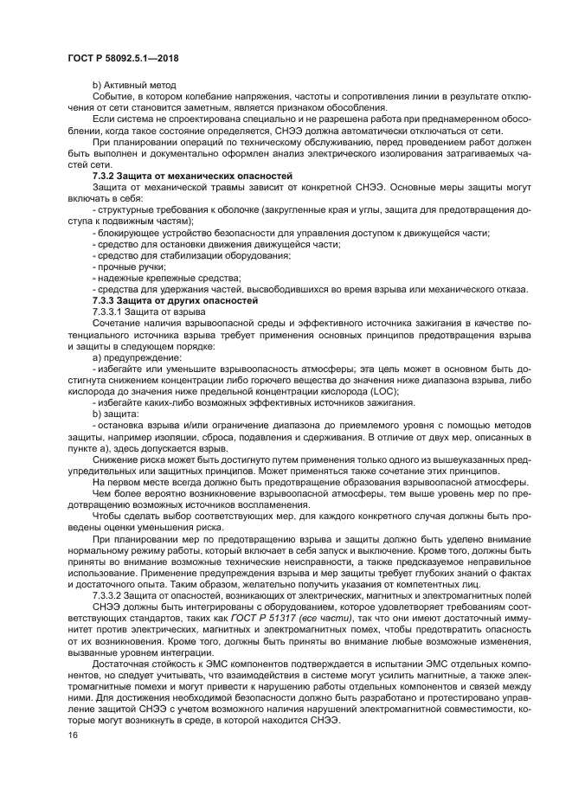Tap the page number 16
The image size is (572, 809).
[73, 735]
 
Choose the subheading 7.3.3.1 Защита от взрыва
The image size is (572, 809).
[149, 311]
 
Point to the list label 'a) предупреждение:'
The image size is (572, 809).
[137, 356]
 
